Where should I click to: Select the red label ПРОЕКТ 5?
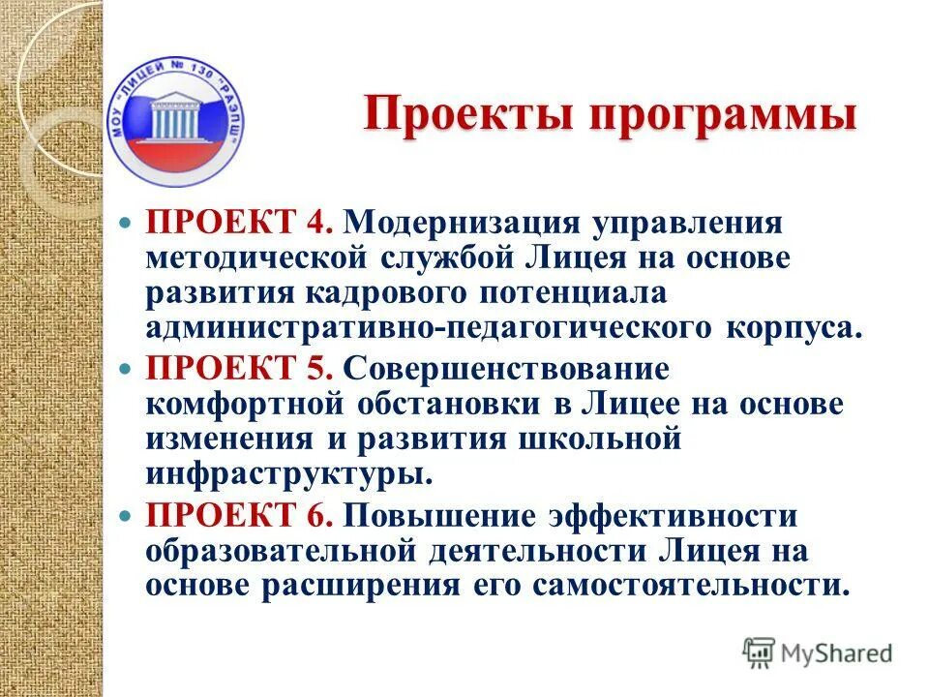(x=240, y=369)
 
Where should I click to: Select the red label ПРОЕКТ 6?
(x=240, y=514)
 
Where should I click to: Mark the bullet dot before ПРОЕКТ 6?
(x=122, y=515)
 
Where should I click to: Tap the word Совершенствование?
(x=507, y=369)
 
